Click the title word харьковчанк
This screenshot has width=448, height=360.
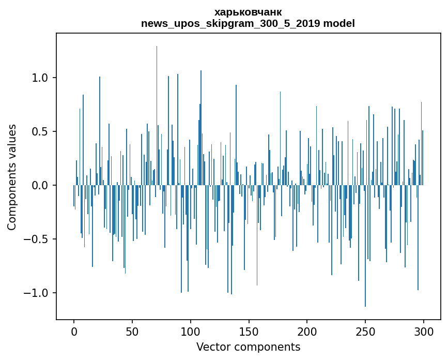[x=248, y=12]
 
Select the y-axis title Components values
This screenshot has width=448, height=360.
[x=12, y=177]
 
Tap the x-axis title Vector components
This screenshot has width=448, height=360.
[x=248, y=347]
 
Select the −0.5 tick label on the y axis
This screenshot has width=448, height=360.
[x=37, y=239]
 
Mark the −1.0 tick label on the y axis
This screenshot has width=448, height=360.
[x=37, y=293]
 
